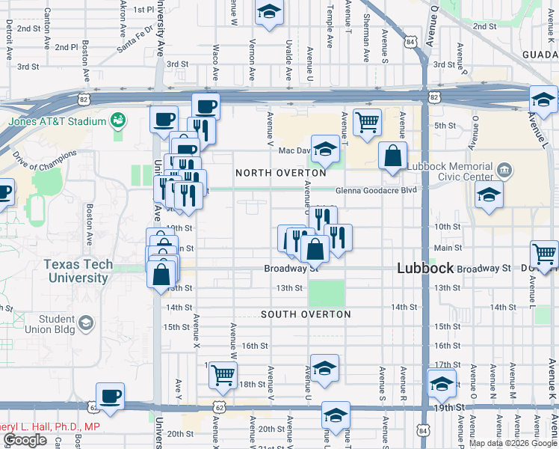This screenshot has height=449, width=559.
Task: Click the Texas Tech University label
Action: [x=78, y=271]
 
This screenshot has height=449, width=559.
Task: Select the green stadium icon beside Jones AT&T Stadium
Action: [x=117, y=120]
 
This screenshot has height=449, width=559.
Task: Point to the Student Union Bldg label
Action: [x=56, y=324]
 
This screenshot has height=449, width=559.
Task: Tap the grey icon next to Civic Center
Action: [x=506, y=171]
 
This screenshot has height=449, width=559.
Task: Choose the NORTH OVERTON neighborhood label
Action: [x=281, y=173]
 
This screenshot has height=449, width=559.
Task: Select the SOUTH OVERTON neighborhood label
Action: [x=306, y=314]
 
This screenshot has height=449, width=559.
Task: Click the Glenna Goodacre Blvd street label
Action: [x=375, y=190]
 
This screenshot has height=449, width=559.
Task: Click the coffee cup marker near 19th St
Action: [x=111, y=396]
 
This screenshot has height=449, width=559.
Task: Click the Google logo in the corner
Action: [x=25, y=440]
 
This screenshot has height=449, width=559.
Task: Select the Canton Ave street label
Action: [x=48, y=25]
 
